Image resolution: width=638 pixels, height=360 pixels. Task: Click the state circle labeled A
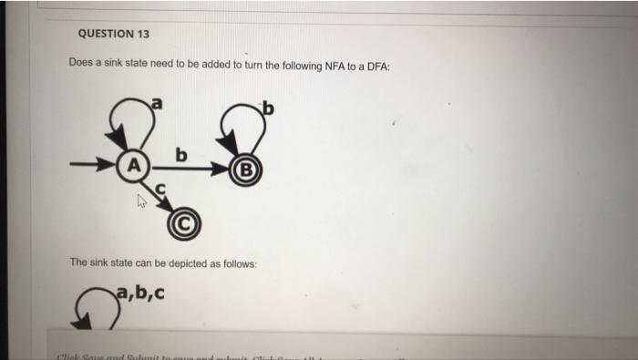pyautogui.click(x=134, y=168)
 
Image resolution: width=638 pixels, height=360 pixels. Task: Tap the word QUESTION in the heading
pyautogui.click(x=104, y=35)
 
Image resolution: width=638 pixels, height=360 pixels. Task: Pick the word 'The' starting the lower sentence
pyautogui.click(x=79, y=263)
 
